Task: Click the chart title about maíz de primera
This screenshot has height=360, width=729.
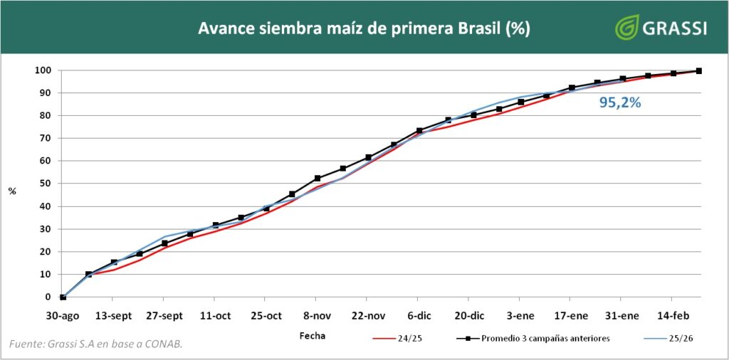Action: [363, 28]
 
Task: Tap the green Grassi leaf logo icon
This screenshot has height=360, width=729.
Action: [626, 27]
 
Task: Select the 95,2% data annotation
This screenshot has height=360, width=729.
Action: [620, 102]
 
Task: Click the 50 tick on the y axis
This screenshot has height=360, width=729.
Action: [45, 184]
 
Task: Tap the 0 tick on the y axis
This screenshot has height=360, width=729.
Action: [47, 297]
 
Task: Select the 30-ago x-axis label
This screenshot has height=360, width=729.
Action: [63, 315]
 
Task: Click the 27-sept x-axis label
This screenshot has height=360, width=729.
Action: [164, 315]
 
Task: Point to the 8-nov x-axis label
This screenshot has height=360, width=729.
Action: [315, 315]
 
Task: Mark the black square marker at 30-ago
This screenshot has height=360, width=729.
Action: [63, 297]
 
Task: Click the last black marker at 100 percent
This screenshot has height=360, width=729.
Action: [699, 70]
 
